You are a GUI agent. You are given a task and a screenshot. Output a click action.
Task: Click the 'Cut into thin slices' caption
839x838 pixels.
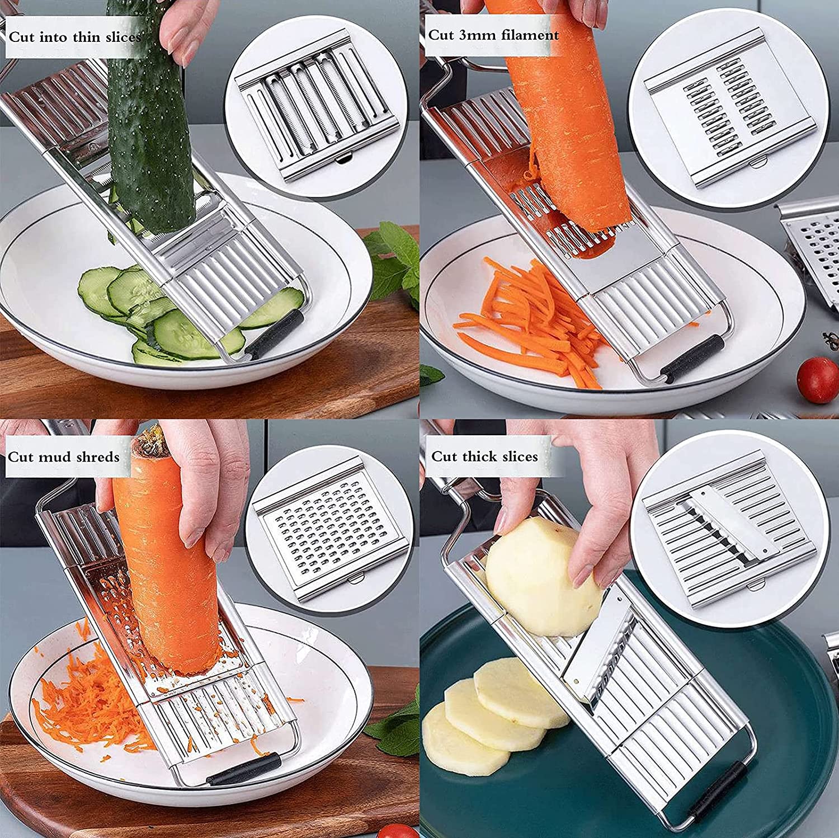74,37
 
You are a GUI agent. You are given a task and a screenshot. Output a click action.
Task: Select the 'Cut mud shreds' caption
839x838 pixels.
64,457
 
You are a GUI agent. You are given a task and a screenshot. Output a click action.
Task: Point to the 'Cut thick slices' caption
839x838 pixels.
484,456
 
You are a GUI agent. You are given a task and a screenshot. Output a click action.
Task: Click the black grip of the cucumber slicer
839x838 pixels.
274,333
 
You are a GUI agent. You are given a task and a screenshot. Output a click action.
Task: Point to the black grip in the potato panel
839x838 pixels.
725,789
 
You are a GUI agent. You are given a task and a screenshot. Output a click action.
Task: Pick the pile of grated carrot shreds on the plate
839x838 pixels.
84,705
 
